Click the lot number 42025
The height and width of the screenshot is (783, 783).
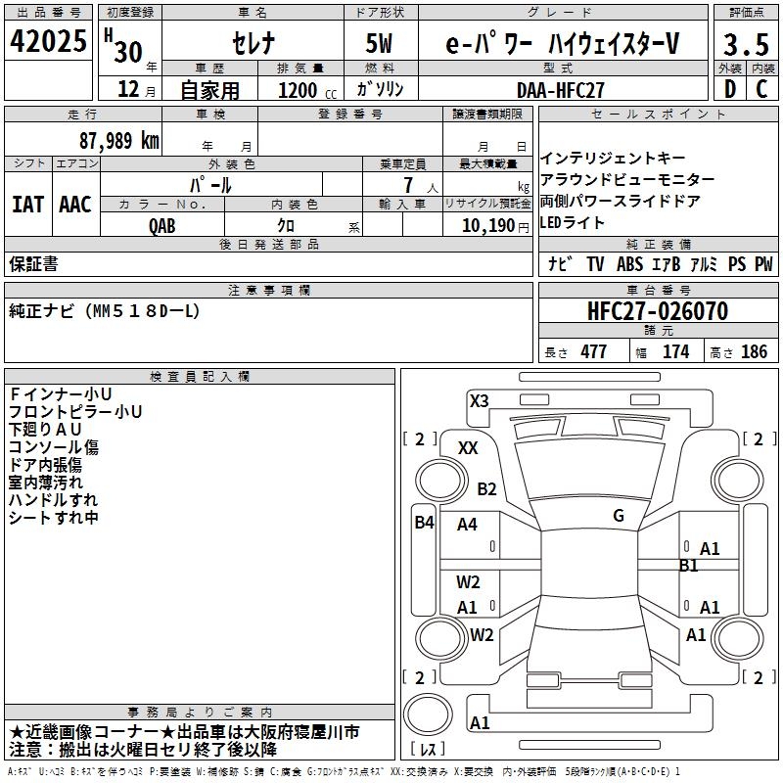point(48,43)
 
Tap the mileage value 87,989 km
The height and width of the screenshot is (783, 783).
point(118,141)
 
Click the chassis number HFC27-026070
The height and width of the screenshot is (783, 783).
point(658,311)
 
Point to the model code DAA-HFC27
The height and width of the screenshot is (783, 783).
point(561,89)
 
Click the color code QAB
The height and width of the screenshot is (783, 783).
point(163,225)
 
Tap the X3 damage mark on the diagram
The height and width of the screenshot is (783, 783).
point(479,400)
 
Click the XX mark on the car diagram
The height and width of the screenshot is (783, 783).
point(468,447)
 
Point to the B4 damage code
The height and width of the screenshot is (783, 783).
point(424,523)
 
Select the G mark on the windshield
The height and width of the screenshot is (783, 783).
point(618,516)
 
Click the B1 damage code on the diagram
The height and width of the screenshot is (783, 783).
point(688,565)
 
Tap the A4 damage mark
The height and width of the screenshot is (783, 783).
point(468,525)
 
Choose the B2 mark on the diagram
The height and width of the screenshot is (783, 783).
point(486,489)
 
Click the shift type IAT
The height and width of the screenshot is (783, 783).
point(27,205)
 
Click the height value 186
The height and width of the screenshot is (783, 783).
point(755,352)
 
